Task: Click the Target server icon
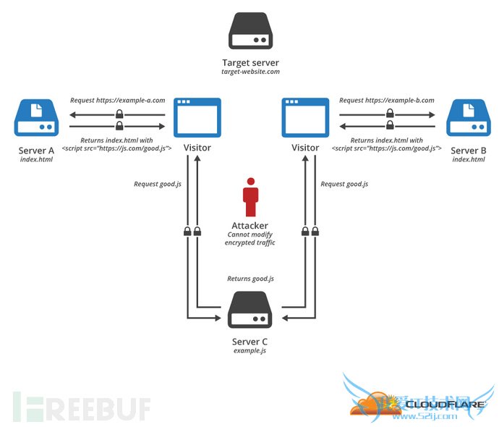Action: pos(250,31)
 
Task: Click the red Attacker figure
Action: pos(250,196)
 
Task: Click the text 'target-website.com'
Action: pos(250,73)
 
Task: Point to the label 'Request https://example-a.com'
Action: pos(118,101)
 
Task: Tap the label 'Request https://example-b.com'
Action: pos(386,101)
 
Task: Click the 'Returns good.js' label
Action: pos(250,278)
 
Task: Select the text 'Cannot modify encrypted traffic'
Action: pos(250,240)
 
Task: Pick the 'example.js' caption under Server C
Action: pos(250,350)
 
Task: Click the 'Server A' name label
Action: pos(36,151)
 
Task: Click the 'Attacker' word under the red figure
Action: pos(250,226)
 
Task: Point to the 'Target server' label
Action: pos(250,63)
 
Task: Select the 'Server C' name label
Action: pos(250,341)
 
